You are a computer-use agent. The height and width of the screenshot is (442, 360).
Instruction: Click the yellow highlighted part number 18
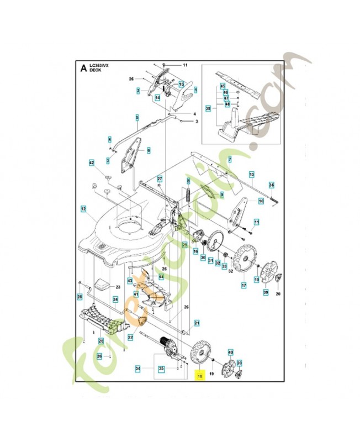[x=199, y=376]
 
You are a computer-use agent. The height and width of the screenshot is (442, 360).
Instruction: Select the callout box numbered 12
[x=84, y=209]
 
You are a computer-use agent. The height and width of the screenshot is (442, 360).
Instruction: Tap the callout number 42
[x=92, y=162]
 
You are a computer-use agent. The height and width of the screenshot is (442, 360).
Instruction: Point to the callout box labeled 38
[x=208, y=109]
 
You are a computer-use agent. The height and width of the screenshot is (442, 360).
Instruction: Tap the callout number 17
[x=243, y=286]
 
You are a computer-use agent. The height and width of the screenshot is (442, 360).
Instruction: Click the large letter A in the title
[x=83, y=69]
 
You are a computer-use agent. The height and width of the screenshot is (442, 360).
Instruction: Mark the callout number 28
[x=80, y=297]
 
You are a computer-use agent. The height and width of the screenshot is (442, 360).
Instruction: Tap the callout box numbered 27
[x=159, y=179]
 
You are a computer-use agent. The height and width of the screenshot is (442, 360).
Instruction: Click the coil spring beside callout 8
[x=188, y=196]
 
